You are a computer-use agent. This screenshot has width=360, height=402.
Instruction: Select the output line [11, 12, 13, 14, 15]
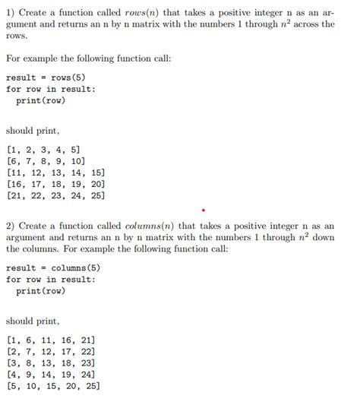55,173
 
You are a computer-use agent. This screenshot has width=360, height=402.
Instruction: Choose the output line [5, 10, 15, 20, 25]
52,385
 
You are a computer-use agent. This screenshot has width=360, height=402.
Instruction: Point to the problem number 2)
11,226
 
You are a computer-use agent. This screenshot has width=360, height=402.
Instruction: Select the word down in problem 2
324,237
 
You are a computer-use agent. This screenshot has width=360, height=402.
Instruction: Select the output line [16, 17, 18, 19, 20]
55,184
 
